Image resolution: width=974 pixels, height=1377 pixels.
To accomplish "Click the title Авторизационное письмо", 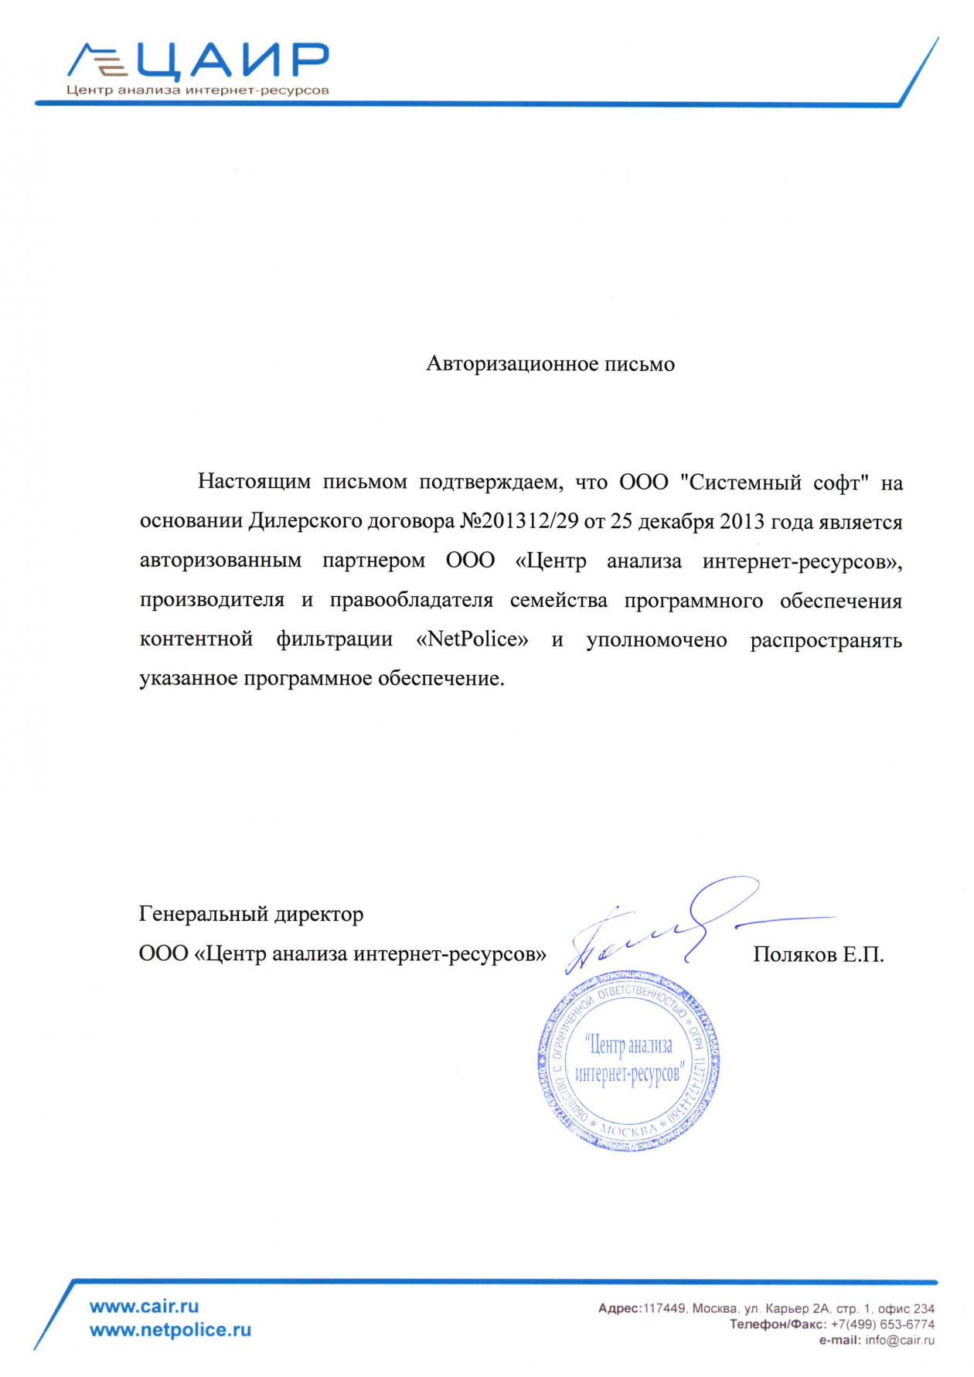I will tap(550, 364).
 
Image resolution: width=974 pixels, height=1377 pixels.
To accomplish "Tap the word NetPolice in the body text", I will tap(472, 640).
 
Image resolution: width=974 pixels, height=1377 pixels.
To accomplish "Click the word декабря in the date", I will tap(676, 522).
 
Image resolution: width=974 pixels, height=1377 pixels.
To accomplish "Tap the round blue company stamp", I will tap(628, 1061).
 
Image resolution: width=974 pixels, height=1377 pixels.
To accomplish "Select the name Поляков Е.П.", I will tap(818, 955).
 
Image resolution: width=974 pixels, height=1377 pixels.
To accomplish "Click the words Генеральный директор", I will tap(251, 915).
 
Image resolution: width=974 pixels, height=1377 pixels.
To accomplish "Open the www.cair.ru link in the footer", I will tap(145, 1307).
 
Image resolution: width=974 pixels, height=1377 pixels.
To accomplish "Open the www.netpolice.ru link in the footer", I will tap(171, 1330).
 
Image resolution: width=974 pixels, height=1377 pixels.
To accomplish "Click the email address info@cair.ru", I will tap(900, 1341).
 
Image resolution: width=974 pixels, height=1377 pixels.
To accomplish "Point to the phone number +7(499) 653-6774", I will tap(882, 1324).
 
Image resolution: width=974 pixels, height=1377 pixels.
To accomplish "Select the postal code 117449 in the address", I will tap(664, 1309).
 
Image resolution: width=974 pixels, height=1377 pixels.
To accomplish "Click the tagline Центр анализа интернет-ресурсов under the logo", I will tap(198, 90).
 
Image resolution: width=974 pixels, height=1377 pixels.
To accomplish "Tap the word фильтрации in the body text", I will tap(335, 640).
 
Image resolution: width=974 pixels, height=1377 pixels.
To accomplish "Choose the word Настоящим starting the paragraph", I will tap(254, 482).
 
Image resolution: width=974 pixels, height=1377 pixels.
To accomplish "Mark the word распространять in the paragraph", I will tap(826, 640).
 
